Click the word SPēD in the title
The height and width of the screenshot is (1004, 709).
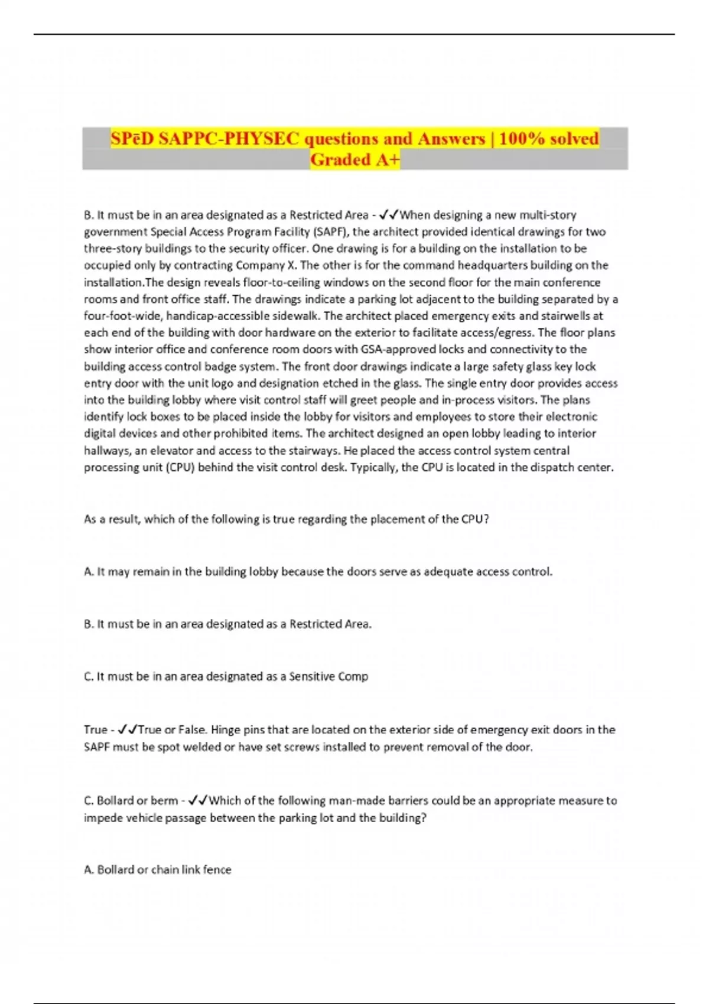pos(132,138)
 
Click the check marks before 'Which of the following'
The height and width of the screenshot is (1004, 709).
pos(197,801)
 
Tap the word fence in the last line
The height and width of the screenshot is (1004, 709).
pos(217,869)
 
